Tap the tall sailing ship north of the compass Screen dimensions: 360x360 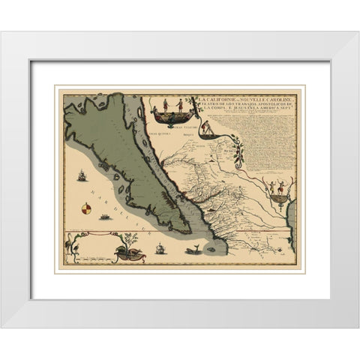click(x=80, y=180)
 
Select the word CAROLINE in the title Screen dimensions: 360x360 click(x=272, y=98)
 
